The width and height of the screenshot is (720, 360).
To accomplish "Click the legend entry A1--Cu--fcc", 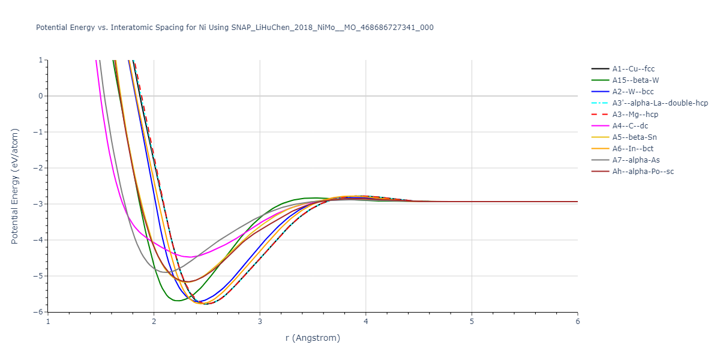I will pos(633,69).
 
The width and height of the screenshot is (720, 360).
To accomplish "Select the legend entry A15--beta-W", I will pos(636,80).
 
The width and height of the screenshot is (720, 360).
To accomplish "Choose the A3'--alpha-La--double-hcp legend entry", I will pos(660,103).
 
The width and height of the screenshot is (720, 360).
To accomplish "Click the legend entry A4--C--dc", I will pos(632,126).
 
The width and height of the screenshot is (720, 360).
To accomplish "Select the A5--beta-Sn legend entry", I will pos(635,137).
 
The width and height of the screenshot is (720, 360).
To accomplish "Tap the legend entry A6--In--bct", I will pos(634,149).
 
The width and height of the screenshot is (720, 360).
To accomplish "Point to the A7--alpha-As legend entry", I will pos(636,160).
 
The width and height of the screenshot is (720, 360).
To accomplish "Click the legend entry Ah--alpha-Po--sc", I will pos(643,172).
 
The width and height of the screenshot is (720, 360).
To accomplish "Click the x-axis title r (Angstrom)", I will pos(313,338).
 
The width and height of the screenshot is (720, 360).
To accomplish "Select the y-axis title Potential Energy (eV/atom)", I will pos(15,186).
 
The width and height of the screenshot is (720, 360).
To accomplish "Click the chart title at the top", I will pos(235,28).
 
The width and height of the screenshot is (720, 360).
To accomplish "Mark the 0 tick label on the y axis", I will pos(40,96).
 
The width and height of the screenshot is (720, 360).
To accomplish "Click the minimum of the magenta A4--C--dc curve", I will pos(190,257).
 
